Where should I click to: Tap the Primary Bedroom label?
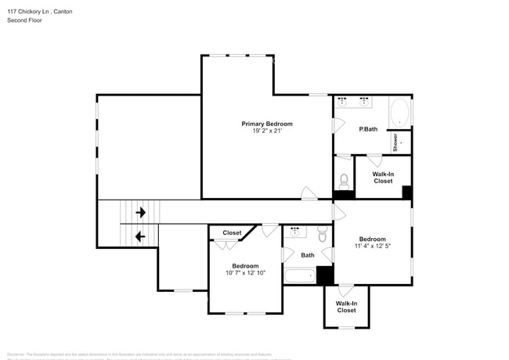(x=266, y=124)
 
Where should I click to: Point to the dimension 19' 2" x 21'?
(x=266, y=131)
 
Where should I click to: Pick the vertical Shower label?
(x=395, y=142)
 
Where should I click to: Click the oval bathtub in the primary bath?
(x=399, y=112)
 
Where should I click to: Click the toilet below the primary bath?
(x=344, y=178)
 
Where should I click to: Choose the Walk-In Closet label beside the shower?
(x=382, y=177)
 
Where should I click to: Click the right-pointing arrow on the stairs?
(x=141, y=212)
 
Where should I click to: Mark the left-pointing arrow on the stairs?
(x=141, y=236)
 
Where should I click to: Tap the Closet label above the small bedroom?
(x=232, y=232)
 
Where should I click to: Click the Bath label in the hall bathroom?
(x=308, y=254)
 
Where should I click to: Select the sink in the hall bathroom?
(x=295, y=232)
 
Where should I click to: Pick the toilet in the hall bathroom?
(x=322, y=234)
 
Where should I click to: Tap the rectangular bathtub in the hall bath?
(x=298, y=275)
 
